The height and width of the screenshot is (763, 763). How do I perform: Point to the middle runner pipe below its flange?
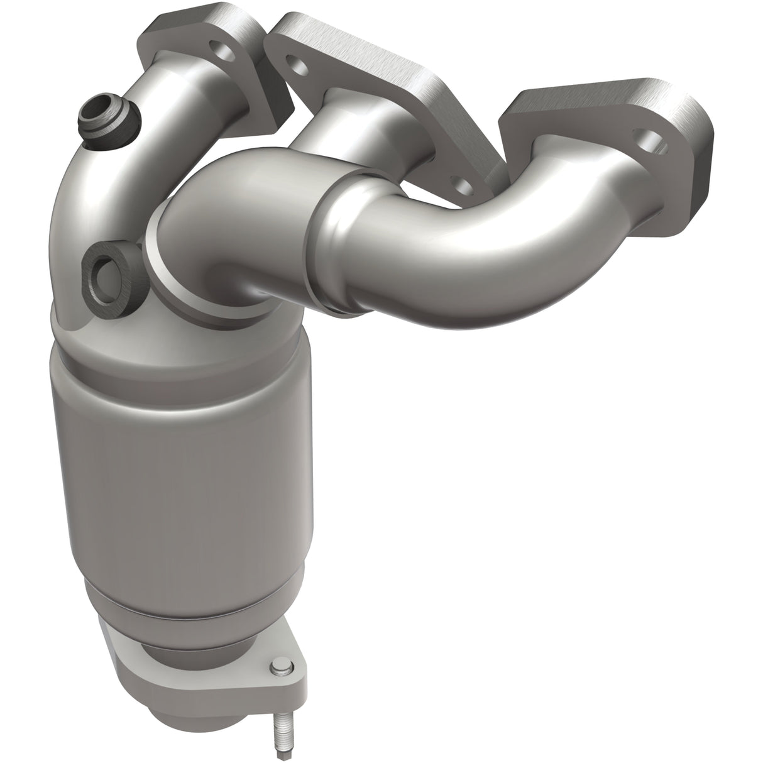(x=352, y=126)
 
